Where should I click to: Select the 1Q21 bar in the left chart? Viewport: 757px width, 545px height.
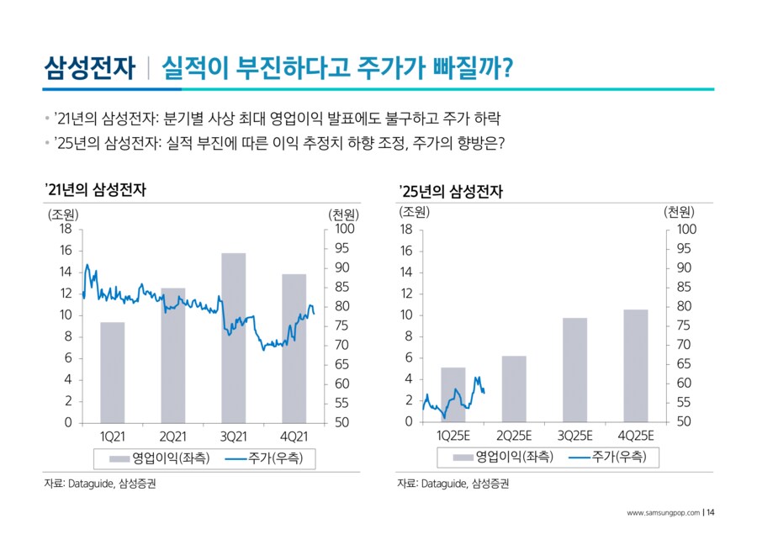[112, 373]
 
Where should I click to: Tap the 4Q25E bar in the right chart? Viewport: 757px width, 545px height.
[636, 366]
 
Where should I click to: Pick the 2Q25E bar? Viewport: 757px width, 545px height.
[514, 389]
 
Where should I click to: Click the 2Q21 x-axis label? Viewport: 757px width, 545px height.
[172, 436]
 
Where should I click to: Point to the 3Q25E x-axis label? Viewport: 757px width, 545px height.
[575, 436]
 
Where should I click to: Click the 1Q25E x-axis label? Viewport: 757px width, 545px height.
[453, 436]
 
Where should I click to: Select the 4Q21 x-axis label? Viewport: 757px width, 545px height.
[294, 436]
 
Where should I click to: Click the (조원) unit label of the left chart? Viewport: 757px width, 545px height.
[64, 212]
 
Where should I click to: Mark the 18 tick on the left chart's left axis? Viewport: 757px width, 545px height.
[66, 229]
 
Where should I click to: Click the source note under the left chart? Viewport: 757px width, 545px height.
[100, 484]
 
